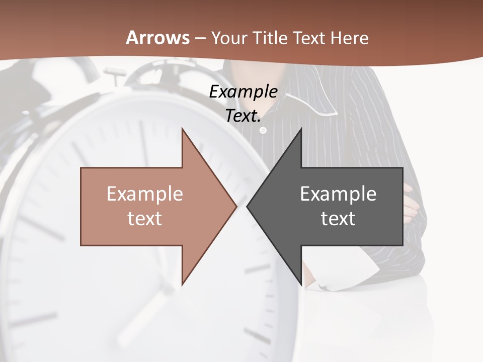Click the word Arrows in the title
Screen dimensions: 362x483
tap(158, 38)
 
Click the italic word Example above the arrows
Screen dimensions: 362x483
tap(243, 92)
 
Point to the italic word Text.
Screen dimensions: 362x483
tap(243, 116)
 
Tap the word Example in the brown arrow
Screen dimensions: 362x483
tap(145, 194)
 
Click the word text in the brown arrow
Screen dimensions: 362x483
tap(145, 218)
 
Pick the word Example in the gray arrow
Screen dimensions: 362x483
tap(338, 194)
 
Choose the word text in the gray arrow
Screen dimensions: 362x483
tap(338, 218)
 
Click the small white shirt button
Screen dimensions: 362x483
tap(263, 130)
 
